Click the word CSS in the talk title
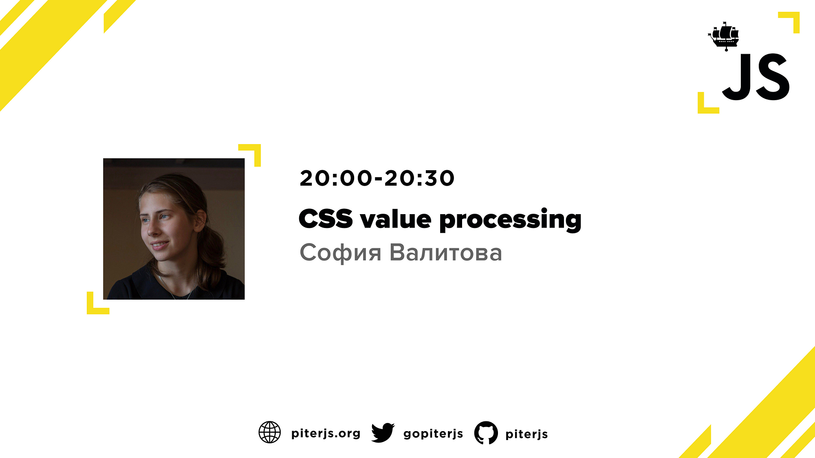(x=326, y=219)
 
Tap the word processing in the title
(x=510, y=220)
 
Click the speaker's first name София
(x=341, y=253)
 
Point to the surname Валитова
(x=446, y=252)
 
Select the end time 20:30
(x=419, y=178)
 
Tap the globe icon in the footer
(x=270, y=432)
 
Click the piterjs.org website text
(x=326, y=434)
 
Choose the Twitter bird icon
(x=383, y=432)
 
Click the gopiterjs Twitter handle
(x=433, y=434)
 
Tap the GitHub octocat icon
(x=486, y=433)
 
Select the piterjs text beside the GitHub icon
(x=526, y=434)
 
